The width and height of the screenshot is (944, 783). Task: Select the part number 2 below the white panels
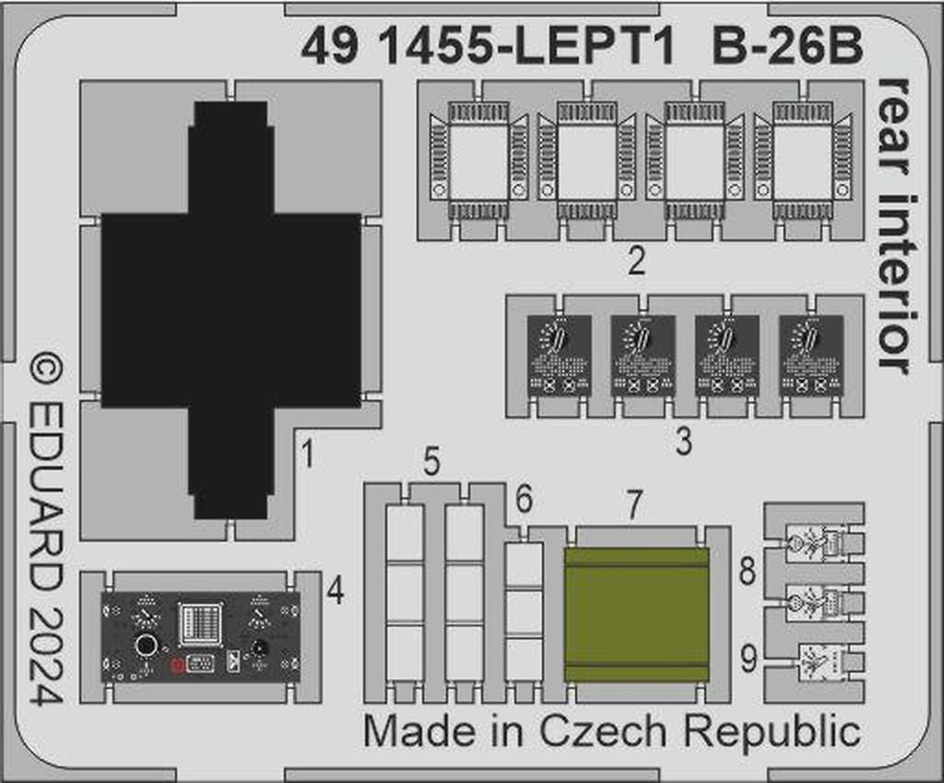634,262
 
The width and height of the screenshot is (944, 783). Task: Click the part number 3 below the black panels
682,441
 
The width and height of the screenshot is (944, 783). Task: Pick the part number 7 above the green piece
633,505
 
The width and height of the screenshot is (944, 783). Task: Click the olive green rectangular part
636,614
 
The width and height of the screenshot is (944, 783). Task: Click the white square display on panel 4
201,622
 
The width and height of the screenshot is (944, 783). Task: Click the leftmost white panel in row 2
478,162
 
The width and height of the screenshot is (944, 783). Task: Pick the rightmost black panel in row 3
811,356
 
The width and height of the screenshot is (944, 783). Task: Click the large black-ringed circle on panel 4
146,645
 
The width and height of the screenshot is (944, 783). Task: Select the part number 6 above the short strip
524,501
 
